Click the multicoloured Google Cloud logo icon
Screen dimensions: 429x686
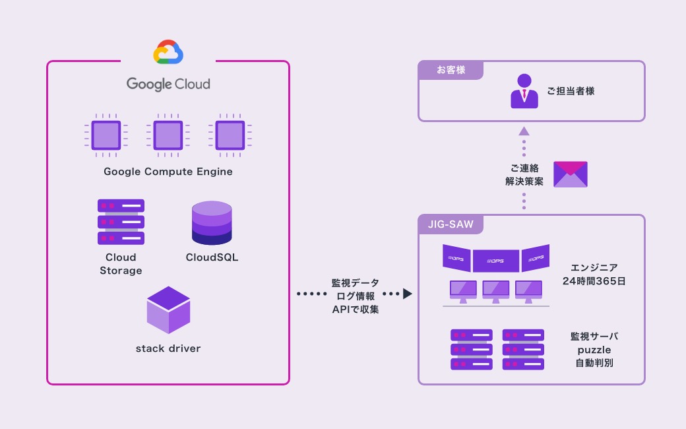pos(168,53)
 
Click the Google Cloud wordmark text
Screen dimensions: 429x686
pos(168,84)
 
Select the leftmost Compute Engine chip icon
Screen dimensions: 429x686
pos(106,135)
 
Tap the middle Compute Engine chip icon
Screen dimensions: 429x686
pos(168,135)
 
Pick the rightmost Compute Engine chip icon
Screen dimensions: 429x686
pos(230,135)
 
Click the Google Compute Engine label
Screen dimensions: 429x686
pos(168,172)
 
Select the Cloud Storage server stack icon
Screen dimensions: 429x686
pos(121,222)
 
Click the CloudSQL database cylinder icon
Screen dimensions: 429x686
pos(212,223)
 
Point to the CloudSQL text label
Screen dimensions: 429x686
pos(212,257)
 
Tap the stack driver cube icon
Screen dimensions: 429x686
pos(168,310)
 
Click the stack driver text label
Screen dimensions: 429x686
pos(168,348)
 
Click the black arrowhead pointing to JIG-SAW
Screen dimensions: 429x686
pos(408,293)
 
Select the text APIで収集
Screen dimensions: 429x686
pos(356,309)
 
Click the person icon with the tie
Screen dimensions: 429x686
pos(524,90)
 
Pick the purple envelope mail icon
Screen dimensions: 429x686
pos(571,174)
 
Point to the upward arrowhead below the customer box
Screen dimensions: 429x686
pos(524,131)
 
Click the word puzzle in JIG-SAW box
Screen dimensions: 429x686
pos(594,349)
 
